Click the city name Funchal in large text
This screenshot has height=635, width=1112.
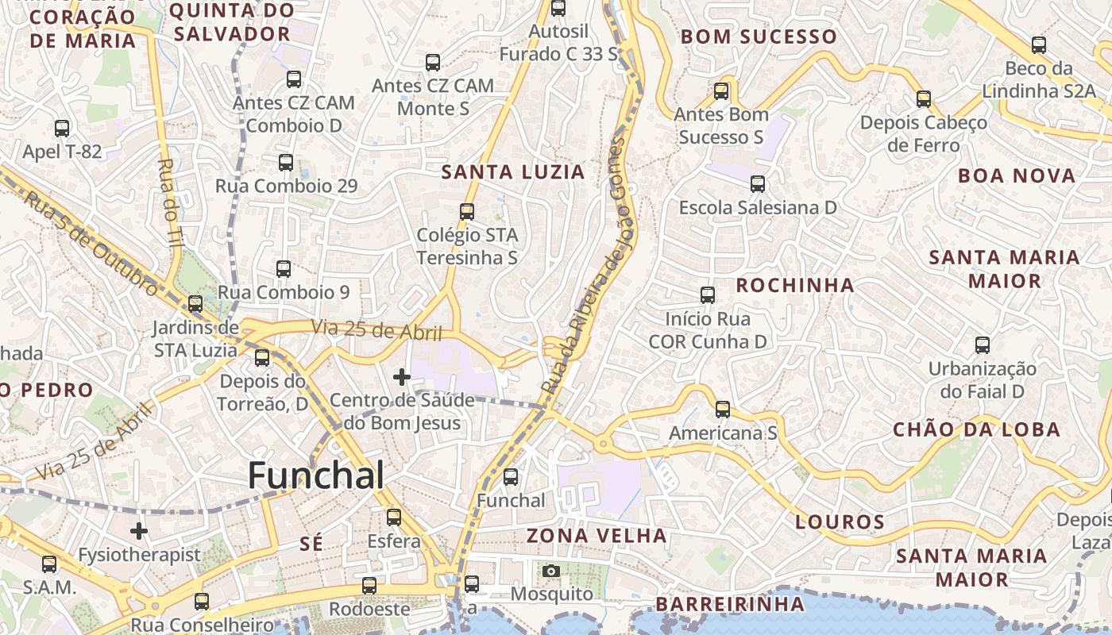click(x=316, y=475)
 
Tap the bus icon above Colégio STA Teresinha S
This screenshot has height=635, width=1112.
click(x=467, y=212)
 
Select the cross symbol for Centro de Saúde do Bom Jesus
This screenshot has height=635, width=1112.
click(x=402, y=376)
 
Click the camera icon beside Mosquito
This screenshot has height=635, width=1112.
click(x=550, y=571)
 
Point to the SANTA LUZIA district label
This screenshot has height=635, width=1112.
click(x=513, y=172)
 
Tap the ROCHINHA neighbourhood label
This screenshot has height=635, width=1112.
click(x=794, y=286)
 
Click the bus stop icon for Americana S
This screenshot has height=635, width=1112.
click(x=722, y=410)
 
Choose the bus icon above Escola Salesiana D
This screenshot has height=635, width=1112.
click(x=757, y=184)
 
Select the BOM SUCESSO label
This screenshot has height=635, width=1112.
click(x=759, y=37)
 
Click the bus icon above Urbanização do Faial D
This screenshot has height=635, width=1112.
click(x=983, y=345)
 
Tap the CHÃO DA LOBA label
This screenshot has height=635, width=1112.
click(x=976, y=430)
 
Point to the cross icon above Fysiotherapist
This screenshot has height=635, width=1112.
click(x=139, y=530)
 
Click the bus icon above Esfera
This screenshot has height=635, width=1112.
click(x=394, y=518)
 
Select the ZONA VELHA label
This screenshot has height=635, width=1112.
click(x=597, y=536)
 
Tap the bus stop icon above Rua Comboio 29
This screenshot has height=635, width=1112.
click(x=286, y=163)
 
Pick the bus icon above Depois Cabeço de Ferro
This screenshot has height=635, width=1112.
click(x=923, y=99)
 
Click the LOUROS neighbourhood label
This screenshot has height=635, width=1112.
click(x=840, y=522)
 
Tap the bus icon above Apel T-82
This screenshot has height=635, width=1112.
click(x=62, y=128)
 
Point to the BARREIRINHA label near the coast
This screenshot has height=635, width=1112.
click(x=729, y=605)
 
